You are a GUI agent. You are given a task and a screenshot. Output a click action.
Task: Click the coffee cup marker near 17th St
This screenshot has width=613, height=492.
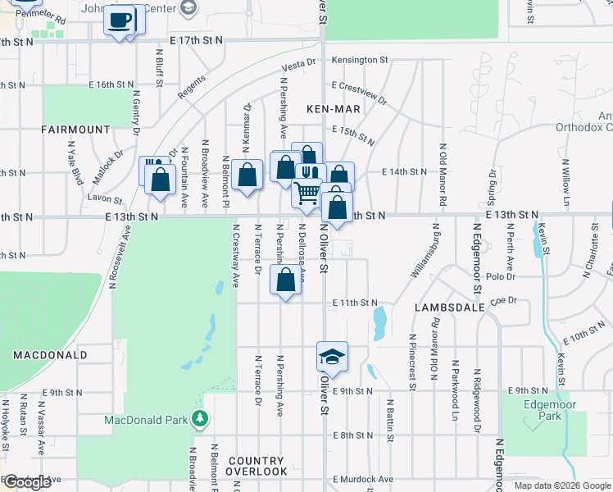pos(120,20)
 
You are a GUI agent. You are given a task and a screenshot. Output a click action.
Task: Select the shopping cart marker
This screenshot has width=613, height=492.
pos(307,194)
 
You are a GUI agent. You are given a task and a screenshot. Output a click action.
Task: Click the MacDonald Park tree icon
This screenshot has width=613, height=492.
pos(199,420)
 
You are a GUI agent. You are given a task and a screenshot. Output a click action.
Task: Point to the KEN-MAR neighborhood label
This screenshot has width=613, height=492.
pos(329,109)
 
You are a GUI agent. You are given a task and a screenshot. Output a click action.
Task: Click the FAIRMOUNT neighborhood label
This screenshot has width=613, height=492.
pos(75,130)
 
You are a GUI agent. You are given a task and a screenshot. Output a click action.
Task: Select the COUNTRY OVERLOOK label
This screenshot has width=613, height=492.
pos(257,466)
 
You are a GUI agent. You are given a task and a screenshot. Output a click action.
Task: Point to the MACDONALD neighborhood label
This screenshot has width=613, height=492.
pos(50,355)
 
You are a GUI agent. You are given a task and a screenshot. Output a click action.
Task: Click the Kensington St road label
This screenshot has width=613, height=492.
pos(359,60)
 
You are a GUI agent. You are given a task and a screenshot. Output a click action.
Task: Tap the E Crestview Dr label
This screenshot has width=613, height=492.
pos(359,91)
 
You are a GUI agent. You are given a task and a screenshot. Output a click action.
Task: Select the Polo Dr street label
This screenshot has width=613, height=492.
pos(500,278)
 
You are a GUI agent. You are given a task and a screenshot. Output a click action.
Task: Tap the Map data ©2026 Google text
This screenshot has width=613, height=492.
pos(561,485)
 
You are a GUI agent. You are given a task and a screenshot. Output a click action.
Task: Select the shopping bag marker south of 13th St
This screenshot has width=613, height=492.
pos(284,280)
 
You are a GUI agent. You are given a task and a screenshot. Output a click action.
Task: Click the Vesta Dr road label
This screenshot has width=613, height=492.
pos(299,64)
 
